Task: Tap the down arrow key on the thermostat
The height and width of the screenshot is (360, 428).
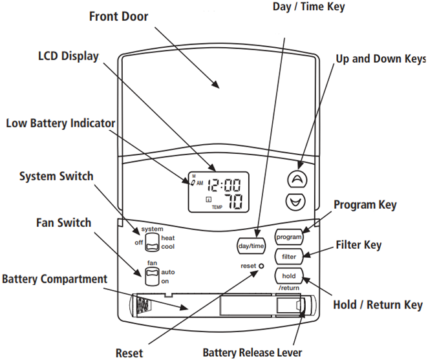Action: [x=296, y=202]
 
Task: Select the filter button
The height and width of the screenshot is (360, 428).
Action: [x=289, y=257]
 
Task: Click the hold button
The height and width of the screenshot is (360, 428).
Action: [x=288, y=275]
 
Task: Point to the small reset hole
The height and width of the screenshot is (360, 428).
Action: [x=262, y=266]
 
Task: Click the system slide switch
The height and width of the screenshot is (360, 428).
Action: [x=151, y=242]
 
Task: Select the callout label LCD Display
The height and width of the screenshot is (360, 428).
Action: [x=68, y=56]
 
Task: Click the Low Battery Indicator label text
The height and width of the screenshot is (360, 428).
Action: [x=60, y=123]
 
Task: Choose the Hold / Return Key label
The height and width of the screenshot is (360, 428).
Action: [x=377, y=304]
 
